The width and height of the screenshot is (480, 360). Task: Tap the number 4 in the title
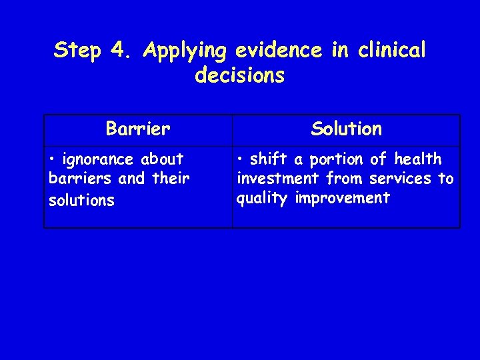click(117, 51)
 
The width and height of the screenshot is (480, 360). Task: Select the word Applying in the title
click(185, 51)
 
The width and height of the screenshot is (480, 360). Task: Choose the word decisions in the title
click(240, 75)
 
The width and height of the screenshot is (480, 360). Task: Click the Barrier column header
click(138, 129)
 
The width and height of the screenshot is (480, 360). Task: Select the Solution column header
click(347, 129)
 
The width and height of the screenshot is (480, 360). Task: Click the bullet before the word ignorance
click(53, 160)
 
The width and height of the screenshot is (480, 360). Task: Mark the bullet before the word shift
click(241, 160)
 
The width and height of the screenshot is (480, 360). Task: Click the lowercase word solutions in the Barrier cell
click(81, 200)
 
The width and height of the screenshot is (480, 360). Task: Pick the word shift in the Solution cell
click(269, 159)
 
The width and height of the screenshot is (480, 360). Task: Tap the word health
click(418, 159)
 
